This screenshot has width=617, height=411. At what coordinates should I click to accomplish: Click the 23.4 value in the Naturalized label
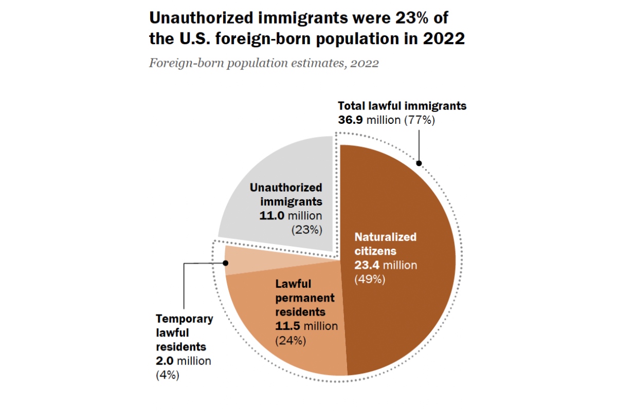[x=365, y=266]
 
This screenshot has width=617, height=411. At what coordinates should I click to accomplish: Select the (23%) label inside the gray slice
[x=307, y=230]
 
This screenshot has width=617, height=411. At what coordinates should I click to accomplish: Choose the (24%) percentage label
[x=291, y=340]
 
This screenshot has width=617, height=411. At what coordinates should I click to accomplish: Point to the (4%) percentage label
[x=167, y=375]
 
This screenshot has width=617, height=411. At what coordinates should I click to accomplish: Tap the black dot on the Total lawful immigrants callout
[x=419, y=163]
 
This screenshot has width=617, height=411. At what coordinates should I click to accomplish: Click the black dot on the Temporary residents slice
[x=225, y=263]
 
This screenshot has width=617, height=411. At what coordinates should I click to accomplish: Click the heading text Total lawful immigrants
[x=402, y=106]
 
